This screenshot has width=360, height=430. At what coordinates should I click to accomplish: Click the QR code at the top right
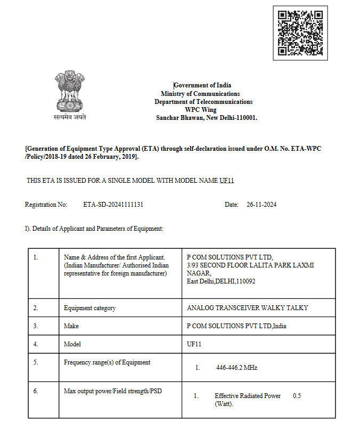300,32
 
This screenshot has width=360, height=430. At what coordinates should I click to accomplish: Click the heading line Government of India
203,85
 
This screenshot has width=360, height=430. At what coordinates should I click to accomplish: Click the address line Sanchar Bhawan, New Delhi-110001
206,118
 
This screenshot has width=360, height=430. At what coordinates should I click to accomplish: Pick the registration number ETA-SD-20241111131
113,205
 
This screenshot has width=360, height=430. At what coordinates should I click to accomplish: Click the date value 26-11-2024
261,205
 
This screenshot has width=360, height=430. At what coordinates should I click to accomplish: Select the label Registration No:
46,205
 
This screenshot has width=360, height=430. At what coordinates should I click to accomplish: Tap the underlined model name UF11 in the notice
227,181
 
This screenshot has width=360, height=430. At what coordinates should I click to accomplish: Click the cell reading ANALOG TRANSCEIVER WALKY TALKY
247,308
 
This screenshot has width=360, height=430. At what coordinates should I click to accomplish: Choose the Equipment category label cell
89,308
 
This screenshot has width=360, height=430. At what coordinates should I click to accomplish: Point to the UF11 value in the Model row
194,344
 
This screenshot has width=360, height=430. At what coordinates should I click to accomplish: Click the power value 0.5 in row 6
297,396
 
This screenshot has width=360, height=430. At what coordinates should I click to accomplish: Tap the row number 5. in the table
36,362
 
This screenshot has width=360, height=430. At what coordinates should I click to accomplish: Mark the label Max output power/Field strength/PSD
112,392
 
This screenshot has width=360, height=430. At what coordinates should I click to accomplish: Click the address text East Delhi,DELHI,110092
221,281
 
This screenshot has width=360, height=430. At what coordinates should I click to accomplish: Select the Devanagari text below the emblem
69,117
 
